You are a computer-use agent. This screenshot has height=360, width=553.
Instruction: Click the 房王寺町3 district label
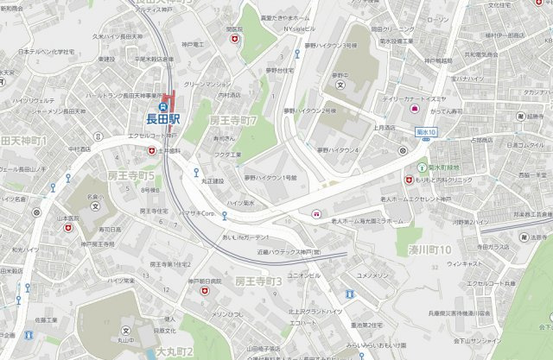click(259, 282)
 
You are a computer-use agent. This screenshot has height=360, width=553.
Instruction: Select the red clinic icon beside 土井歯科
click(152, 150)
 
